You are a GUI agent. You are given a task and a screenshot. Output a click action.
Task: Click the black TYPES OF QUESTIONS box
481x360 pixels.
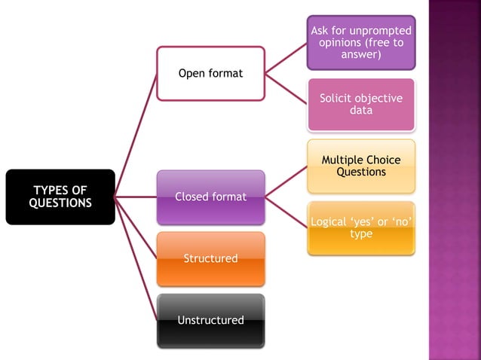tap(60, 197)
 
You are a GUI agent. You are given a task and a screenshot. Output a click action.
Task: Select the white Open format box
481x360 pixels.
tap(210, 73)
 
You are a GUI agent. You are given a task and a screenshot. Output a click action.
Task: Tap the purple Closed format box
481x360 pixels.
tap(210, 197)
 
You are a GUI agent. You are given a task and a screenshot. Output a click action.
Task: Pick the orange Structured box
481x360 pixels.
tap(210, 258)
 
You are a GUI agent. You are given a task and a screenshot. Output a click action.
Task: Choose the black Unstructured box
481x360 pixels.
tap(210, 320)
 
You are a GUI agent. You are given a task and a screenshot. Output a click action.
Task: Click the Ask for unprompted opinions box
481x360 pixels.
tap(361, 42)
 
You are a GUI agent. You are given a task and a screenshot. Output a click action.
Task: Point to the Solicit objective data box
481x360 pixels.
tap(361, 104)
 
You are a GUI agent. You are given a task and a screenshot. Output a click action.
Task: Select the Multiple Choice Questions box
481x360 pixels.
tap(361, 166)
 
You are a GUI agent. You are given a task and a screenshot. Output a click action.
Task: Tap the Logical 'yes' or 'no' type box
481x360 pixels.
tap(361, 227)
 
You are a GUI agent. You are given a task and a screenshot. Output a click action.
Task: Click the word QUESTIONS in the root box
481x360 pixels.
tap(60, 203)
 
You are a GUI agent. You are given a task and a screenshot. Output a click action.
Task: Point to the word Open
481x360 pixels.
tap(191, 73)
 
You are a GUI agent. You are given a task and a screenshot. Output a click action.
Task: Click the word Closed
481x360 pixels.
tap(193, 197)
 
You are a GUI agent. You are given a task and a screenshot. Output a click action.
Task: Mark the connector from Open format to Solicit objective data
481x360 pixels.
tap(286, 89)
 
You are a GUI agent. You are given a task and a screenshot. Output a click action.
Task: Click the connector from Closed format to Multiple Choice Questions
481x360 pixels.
tap(286, 182)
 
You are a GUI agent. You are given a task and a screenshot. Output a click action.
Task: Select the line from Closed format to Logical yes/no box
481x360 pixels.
tap(286, 212)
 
